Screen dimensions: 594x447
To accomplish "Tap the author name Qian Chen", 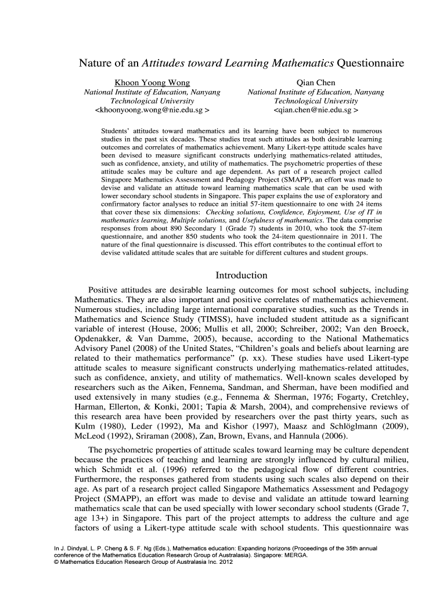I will coord(316,83).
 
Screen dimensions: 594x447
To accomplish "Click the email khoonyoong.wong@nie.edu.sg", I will coord(149,109).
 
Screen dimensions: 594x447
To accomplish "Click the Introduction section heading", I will coord(241,275).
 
